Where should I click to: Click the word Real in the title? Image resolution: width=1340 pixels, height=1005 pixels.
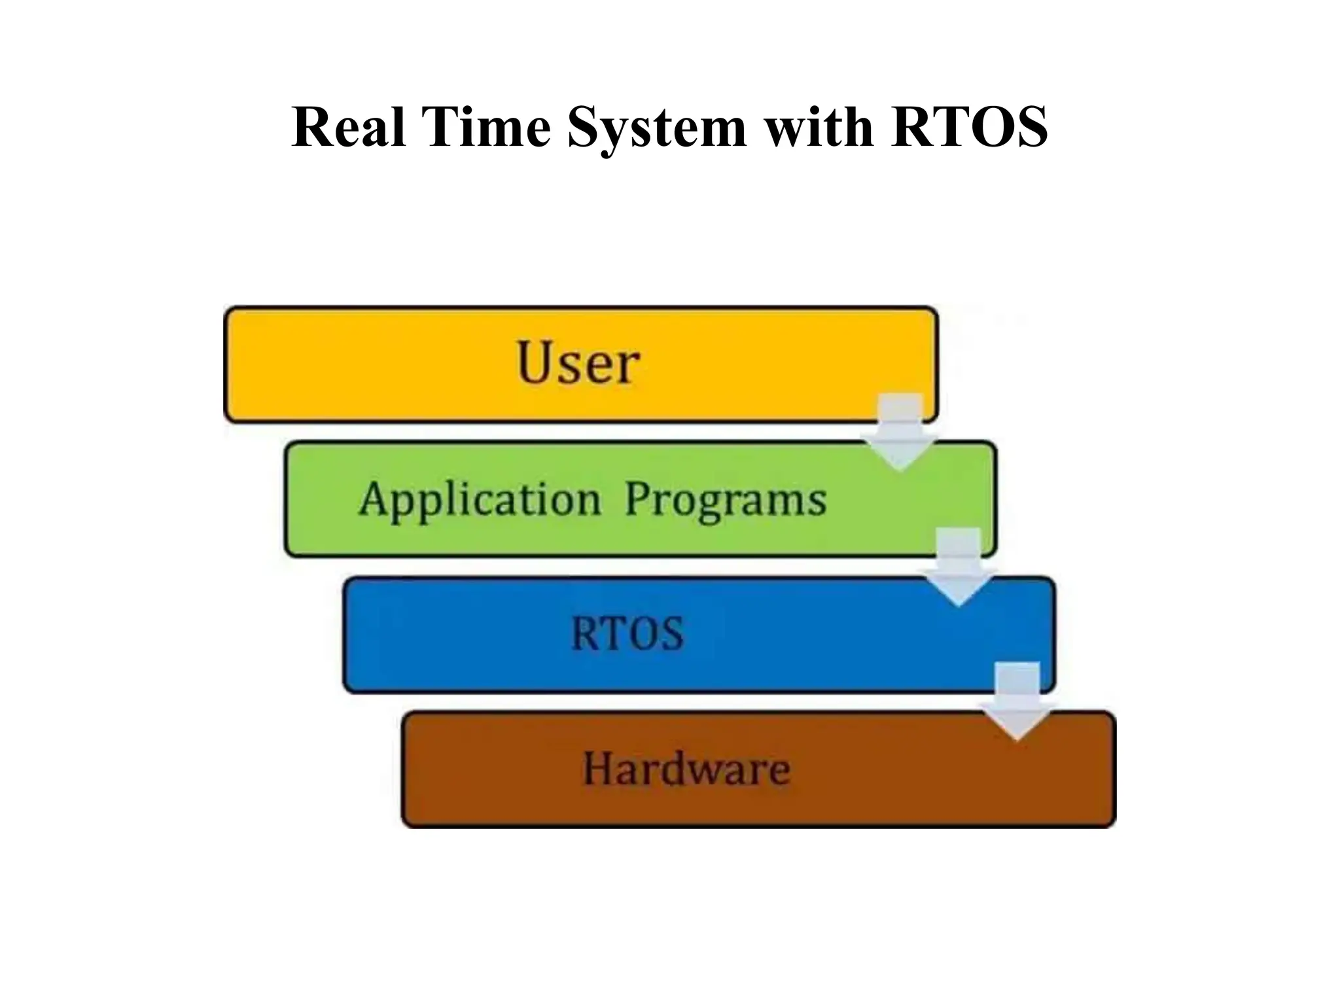[348, 127]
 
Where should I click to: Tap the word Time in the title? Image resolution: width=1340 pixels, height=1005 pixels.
[487, 127]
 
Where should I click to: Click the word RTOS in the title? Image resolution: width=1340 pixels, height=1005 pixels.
[969, 127]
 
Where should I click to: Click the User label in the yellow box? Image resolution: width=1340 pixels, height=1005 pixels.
[578, 363]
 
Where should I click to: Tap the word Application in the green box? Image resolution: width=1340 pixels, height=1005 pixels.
[480, 500]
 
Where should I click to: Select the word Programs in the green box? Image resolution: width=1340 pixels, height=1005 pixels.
[726, 500]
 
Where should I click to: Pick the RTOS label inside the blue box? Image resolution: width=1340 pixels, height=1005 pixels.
[627, 634]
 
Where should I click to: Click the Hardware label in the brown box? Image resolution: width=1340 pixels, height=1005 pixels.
[686, 768]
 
